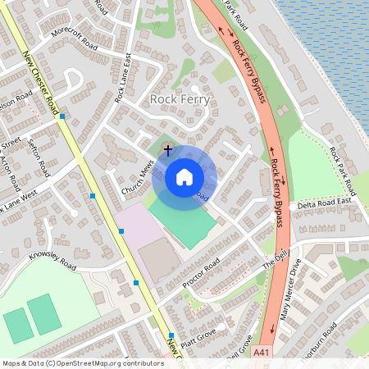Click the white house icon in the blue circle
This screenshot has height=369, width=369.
(184, 176)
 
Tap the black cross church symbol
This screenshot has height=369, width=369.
(168, 150)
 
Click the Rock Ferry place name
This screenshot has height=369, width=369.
(180, 99)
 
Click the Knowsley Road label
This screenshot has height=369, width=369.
(52, 261)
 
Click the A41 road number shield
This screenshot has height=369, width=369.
(260, 353)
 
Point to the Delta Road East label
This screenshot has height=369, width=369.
(324, 202)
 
